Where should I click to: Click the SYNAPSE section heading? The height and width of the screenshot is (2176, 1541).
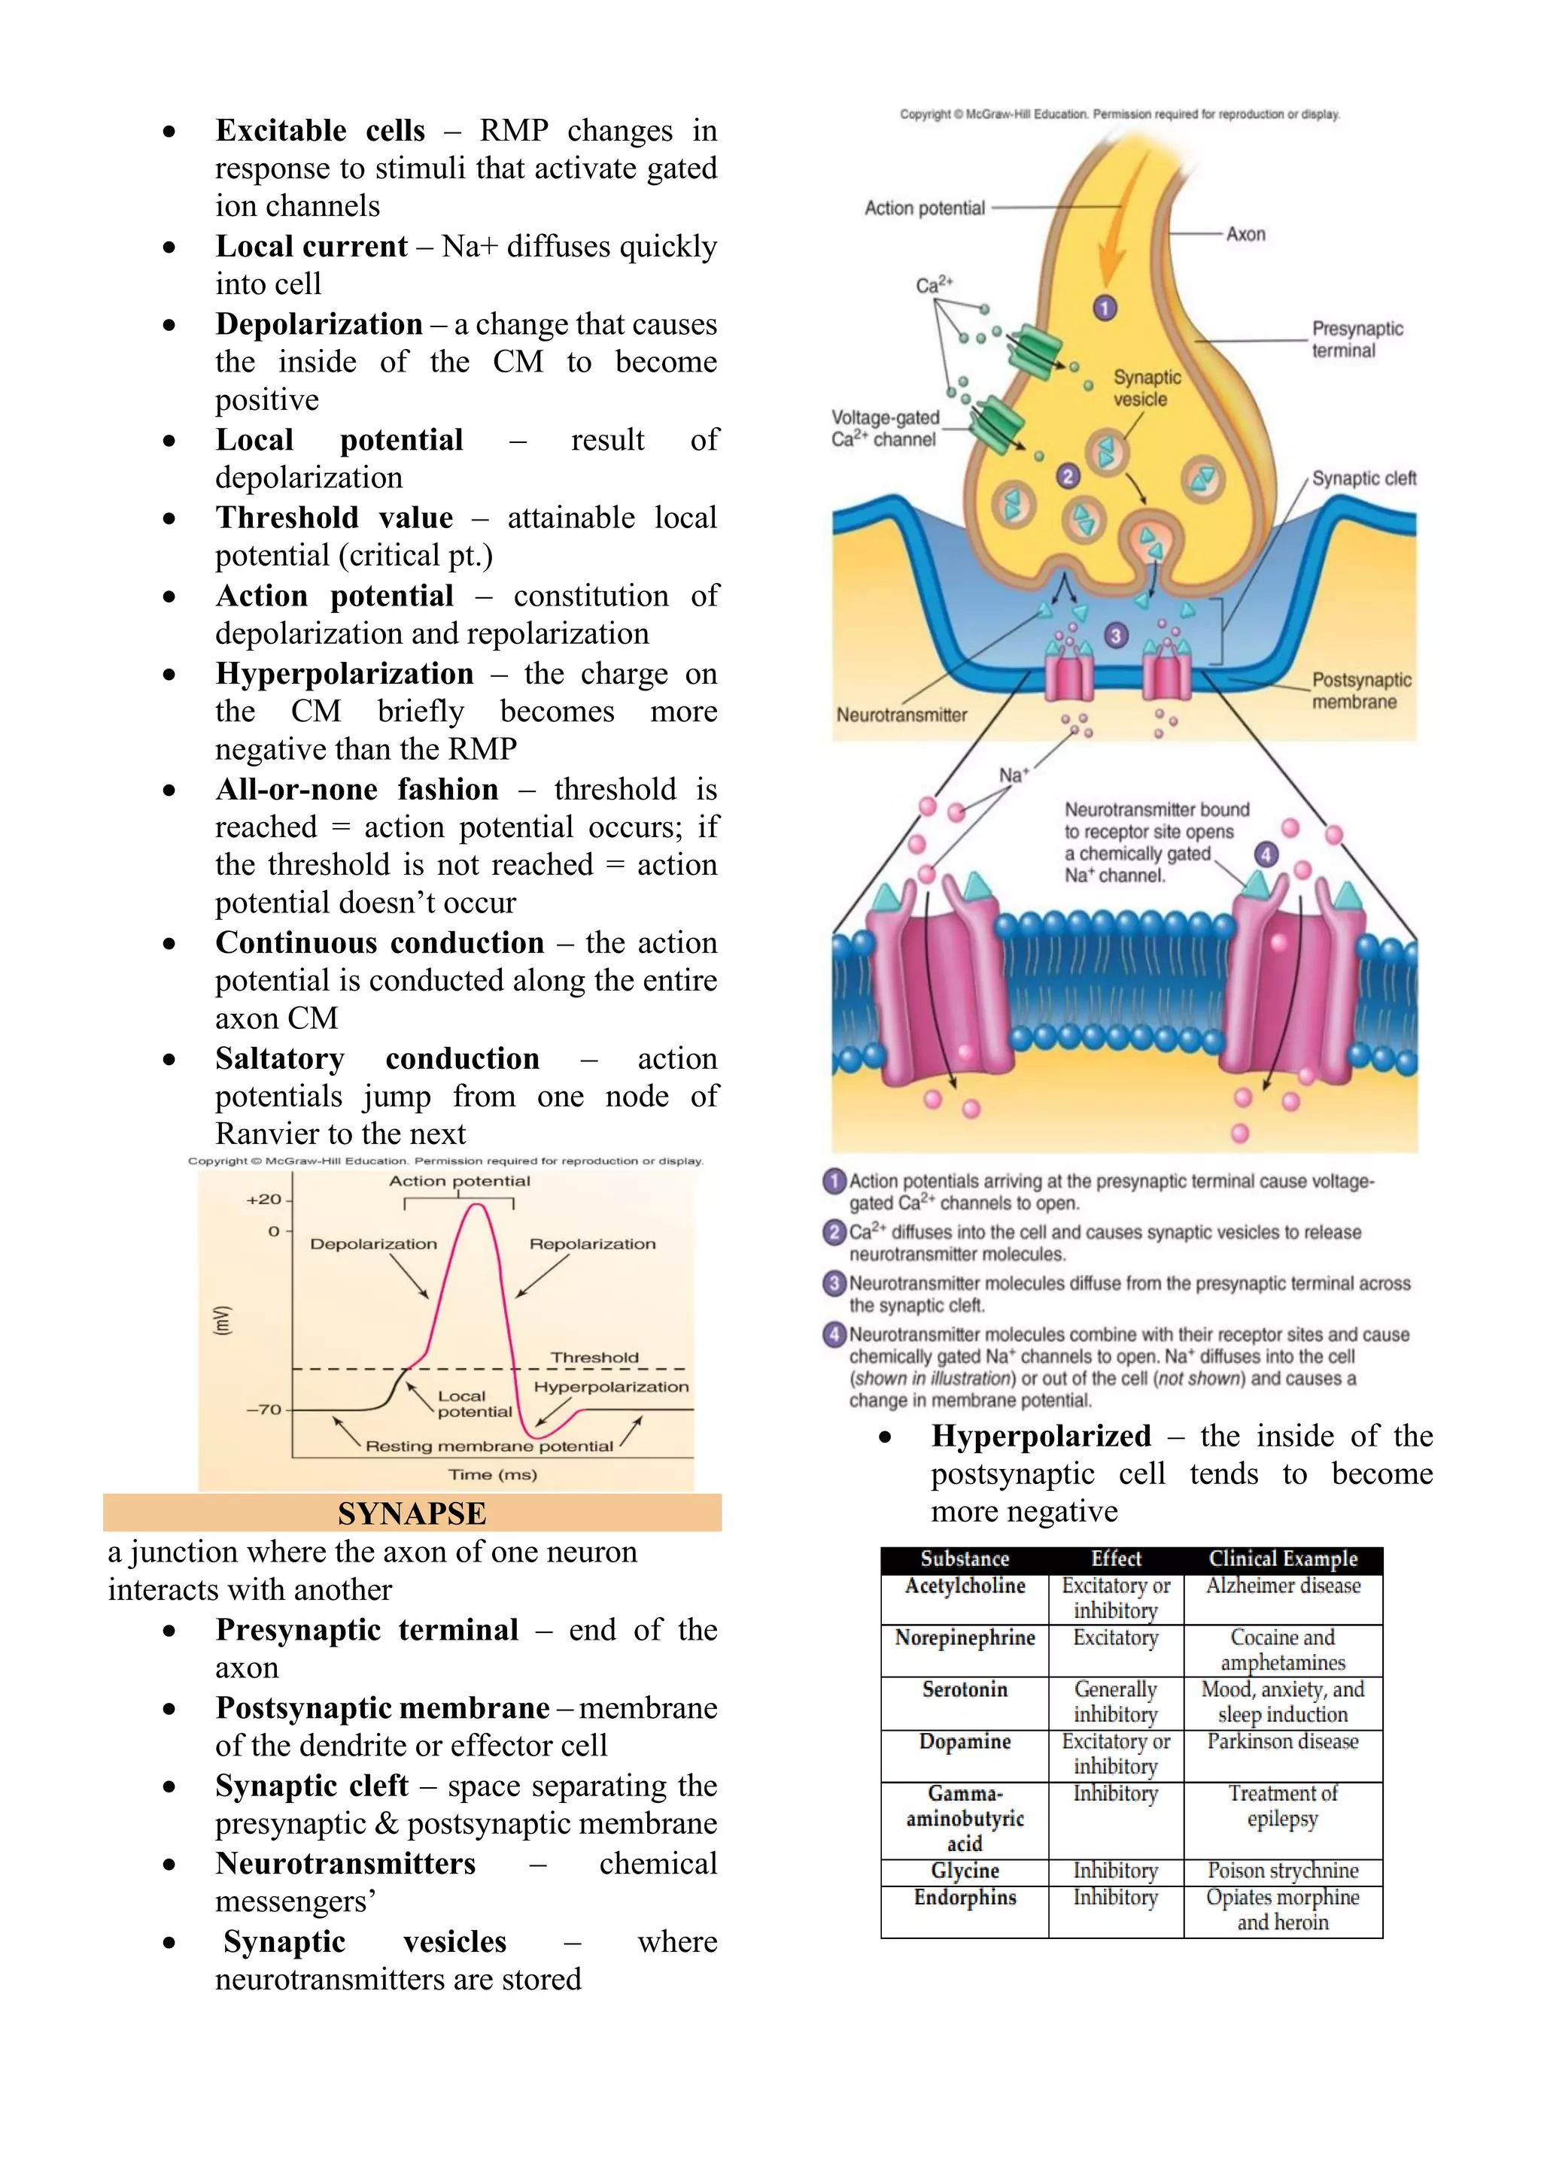click(x=412, y=1513)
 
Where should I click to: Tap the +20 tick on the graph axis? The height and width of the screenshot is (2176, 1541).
click(x=264, y=1200)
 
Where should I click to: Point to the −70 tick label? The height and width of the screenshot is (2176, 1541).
click(x=264, y=1410)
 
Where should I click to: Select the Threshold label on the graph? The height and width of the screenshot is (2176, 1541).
click(x=595, y=1358)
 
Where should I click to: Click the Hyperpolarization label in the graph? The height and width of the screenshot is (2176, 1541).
click(x=611, y=1387)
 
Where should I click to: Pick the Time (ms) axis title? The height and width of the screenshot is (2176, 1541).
click(x=493, y=1474)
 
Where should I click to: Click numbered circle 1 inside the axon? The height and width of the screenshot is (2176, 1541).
click(x=1105, y=308)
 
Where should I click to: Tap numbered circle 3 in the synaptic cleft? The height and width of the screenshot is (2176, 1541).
click(x=1116, y=636)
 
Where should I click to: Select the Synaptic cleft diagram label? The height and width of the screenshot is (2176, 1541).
click(x=1363, y=478)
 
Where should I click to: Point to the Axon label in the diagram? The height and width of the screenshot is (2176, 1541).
click(x=1245, y=234)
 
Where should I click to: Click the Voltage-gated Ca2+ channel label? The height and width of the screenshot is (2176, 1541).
click(x=884, y=429)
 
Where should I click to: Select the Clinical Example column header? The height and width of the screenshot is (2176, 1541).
click(x=1283, y=1558)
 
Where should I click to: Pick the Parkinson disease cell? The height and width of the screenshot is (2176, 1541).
click(x=1283, y=1741)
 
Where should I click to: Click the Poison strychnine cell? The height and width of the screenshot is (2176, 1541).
click(x=1283, y=1871)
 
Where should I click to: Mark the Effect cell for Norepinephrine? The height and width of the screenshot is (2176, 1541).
click(x=1116, y=1638)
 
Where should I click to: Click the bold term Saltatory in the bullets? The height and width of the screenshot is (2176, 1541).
click(x=280, y=1058)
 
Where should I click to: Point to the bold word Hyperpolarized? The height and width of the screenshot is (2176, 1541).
click(x=1041, y=1436)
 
